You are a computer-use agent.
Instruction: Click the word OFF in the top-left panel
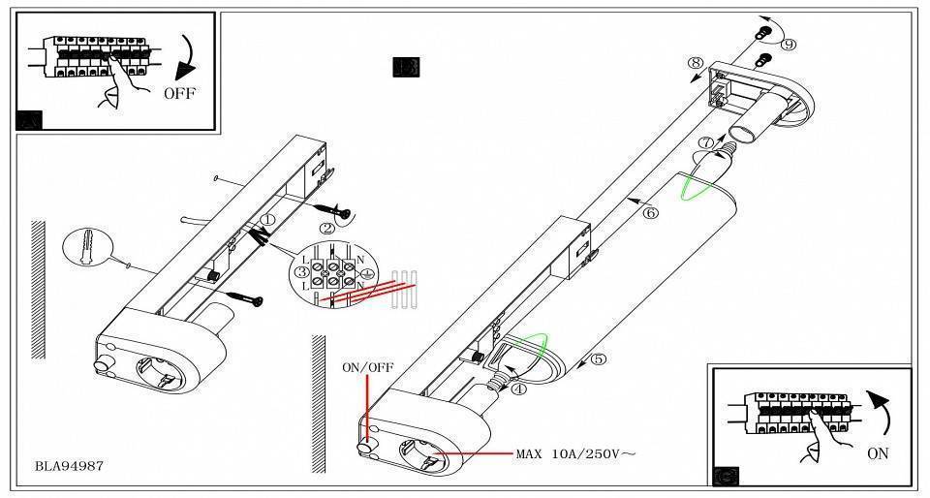pyautogui.click(x=179, y=93)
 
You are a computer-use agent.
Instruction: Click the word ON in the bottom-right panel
pyautogui.click(x=878, y=453)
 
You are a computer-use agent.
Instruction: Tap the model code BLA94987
pyautogui.click(x=69, y=466)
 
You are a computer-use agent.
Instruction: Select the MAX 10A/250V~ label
pyautogui.click(x=575, y=453)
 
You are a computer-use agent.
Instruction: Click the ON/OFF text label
pyautogui.click(x=367, y=368)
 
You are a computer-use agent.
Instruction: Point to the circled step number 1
pyautogui.click(x=266, y=221)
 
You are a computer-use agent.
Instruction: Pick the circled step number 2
pyautogui.click(x=327, y=229)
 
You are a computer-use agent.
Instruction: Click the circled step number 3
pyautogui.click(x=301, y=272)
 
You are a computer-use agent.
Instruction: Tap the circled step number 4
pyautogui.click(x=518, y=389)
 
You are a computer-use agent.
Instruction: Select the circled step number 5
pyautogui.click(x=598, y=359)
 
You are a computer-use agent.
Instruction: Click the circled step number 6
pyautogui.click(x=650, y=212)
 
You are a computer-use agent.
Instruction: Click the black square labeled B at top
pyautogui.click(x=406, y=67)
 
